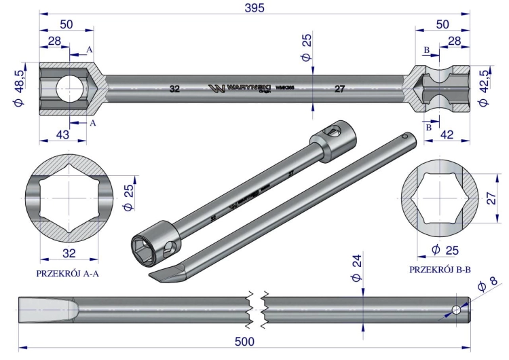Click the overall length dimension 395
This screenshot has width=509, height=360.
click(254, 7)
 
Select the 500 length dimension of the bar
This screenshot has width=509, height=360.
click(244, 342)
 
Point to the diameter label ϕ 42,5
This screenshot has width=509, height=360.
click(485, 88)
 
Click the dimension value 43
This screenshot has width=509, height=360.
click(62, 134)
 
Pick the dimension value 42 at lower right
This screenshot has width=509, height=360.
click(447, 134)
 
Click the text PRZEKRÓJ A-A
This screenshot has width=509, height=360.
click(67, 274)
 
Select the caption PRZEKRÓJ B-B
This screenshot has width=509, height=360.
click(440, 270)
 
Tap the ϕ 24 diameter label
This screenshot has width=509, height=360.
click(356, 268)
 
